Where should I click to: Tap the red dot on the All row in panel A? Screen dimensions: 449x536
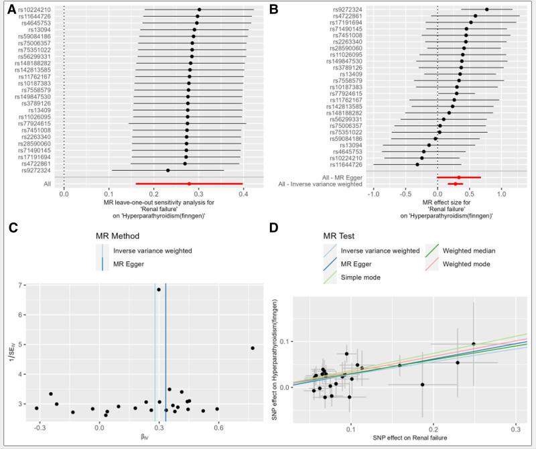[x=189, y=183]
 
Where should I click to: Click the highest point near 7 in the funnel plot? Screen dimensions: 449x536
[x=159, y=290]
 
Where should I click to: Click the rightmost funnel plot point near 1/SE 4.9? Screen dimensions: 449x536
[x=253, y=348]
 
